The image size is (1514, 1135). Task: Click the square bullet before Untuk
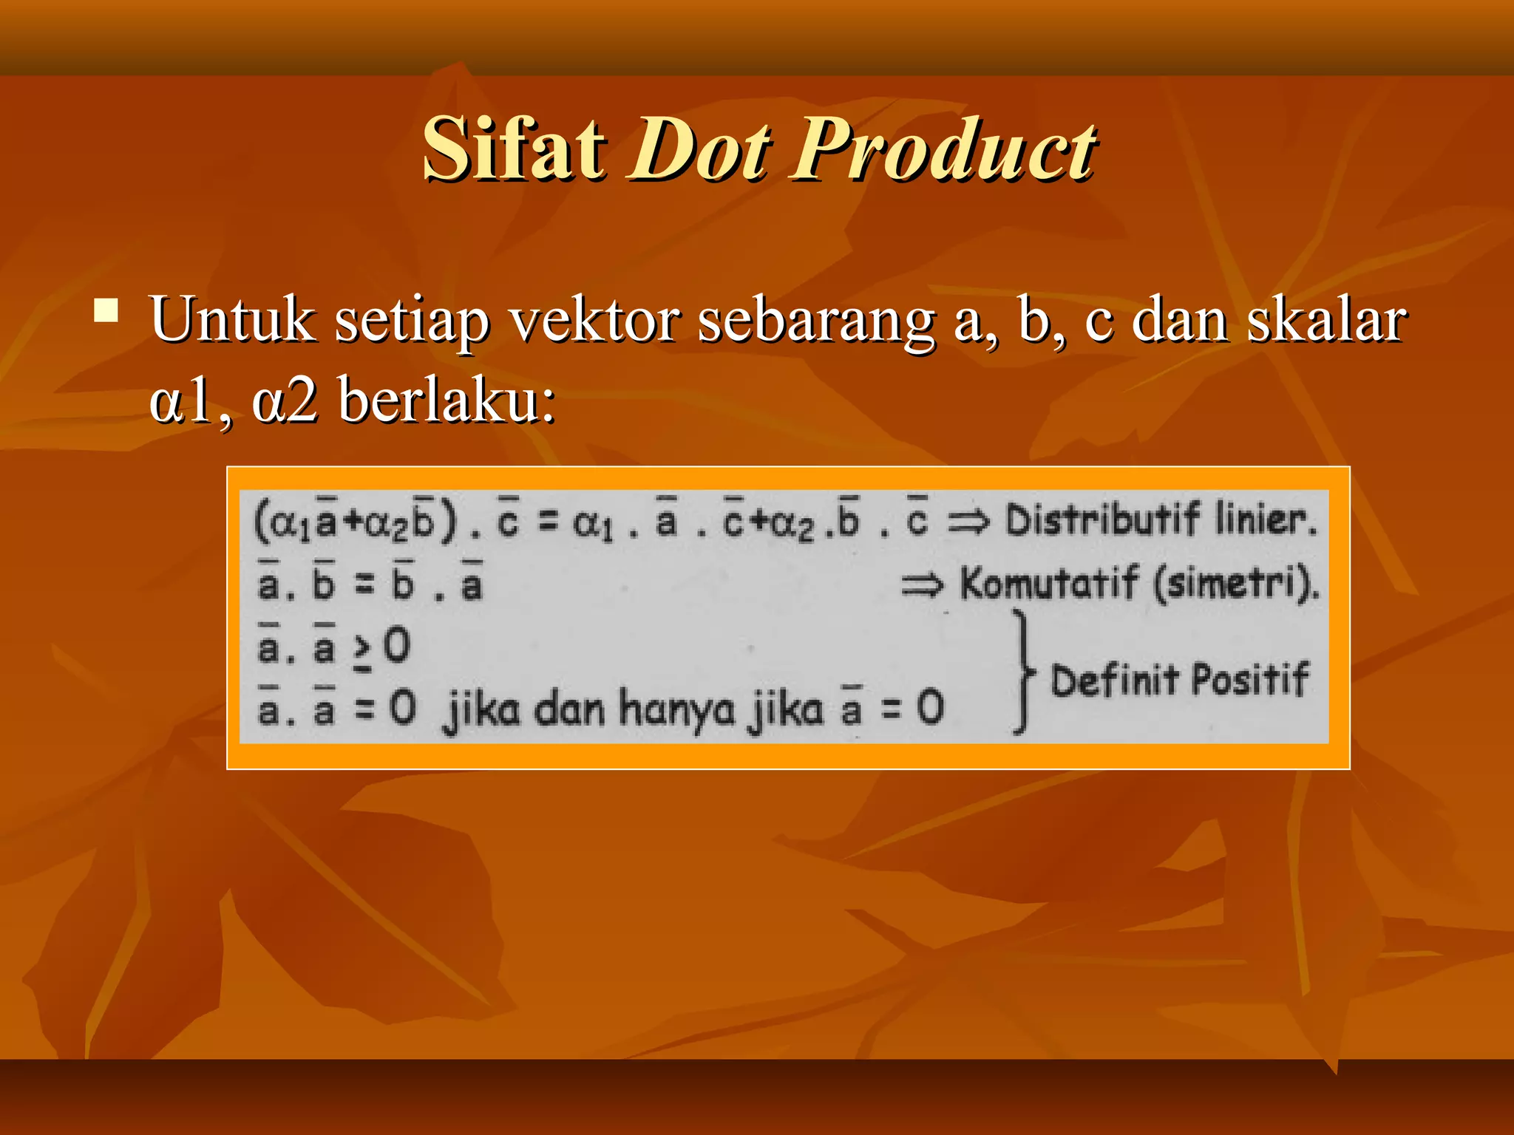pos(106,310)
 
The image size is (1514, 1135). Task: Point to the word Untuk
pos(232,321)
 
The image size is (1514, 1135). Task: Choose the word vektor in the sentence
pos(594,321)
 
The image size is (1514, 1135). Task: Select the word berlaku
pos(446,402)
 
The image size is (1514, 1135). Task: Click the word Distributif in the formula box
pos(1102,519)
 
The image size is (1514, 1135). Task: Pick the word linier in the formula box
pos(1265,519)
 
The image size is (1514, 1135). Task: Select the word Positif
pos(1250,680)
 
